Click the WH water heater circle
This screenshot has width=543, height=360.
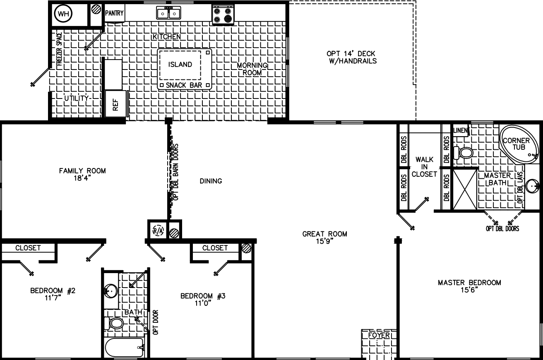63,14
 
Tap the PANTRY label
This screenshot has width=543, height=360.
114,13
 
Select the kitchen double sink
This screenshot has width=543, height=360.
169,13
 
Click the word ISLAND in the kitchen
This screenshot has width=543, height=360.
180,65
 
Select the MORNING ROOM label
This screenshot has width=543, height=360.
252,69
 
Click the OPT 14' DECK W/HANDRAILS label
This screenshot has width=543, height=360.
351,57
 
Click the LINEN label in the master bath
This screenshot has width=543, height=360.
460,131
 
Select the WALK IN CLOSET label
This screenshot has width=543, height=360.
425,167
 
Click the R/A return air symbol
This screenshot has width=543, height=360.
158,231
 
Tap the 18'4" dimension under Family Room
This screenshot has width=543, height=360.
82,178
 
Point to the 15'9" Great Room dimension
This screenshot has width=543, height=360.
324,242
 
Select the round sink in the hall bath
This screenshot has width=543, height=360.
110,291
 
